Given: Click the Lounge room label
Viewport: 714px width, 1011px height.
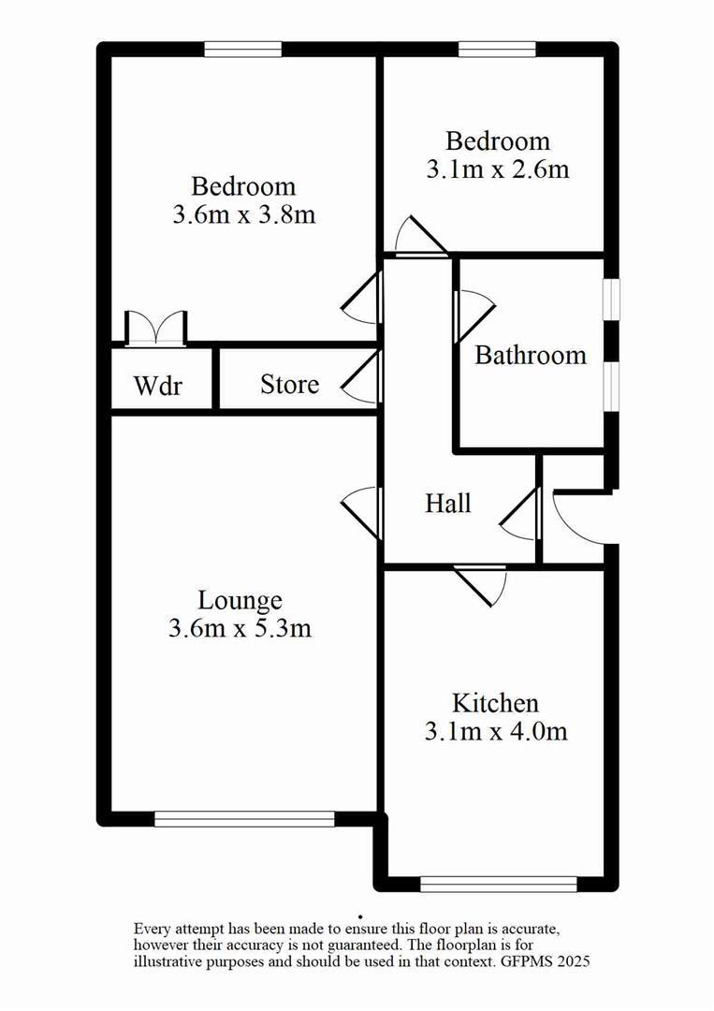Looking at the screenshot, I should click(x=240, y=600).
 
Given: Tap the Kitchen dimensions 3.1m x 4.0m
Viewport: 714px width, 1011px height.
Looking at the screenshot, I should click(x=496, y=731).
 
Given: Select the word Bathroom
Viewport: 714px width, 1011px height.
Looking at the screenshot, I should click(x=531, y=356).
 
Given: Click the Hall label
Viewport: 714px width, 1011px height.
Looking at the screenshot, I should click(x=448, y=504).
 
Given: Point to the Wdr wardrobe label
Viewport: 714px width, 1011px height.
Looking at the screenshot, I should click(x=157, y=385).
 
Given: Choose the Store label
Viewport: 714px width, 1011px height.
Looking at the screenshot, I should click(x=289, y=384).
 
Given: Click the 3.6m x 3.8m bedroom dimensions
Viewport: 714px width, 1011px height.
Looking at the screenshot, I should click(x=243, y=214).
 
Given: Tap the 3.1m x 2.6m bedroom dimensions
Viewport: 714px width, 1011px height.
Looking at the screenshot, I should click(x=497, y=169).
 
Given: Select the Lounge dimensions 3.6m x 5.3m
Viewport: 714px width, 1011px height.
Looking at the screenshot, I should click(x=240, y=628).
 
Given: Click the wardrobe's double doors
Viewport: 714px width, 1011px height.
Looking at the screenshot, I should click(x=156, y=328).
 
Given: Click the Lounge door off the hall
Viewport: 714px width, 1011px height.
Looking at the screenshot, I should click(x=361, y=509).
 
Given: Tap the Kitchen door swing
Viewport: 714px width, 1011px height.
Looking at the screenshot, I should click(x=483, y=584).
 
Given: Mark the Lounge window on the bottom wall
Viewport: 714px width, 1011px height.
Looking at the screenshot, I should click(x=244, y=819).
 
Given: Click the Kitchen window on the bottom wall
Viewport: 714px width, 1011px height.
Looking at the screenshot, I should click(x=498, y=883).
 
